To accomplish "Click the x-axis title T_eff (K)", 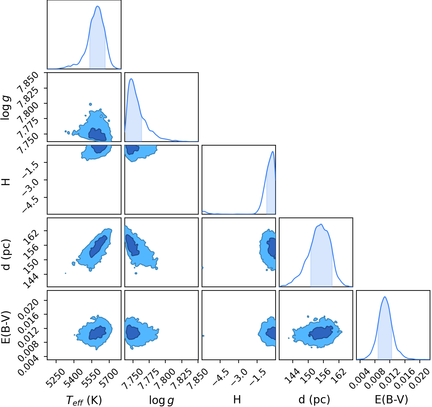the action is tap(84, 400).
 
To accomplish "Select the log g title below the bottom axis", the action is tap(161, 400).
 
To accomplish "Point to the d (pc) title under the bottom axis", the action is tap(314, 399).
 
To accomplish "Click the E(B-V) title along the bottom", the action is tap(391, 399).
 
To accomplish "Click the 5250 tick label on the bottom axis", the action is tap(56, 375).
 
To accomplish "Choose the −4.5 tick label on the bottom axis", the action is tap(220, 374).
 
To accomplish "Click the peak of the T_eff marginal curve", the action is tap(98, 6).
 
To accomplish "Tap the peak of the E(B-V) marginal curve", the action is tap(385, 297).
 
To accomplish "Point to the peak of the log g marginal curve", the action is tap(131, 79).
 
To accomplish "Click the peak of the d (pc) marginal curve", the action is tap(321, 224).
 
